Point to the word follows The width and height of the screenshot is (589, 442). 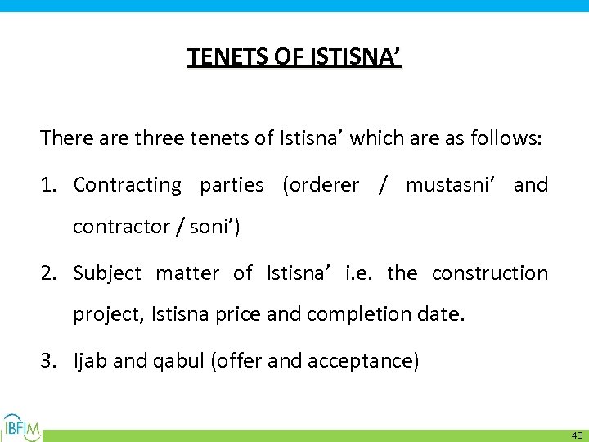click(505, 138)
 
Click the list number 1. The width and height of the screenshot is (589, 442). click(47, 185)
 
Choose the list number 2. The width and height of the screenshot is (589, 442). click(47, 273)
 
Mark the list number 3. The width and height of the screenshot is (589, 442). click(47, 361)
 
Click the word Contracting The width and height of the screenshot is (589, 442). click(127, 185)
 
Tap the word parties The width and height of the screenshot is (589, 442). click(231, 186)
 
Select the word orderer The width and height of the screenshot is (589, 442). click(321, 185)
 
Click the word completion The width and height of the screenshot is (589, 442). click(370, 315)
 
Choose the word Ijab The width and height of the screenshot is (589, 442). click(90, 361)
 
